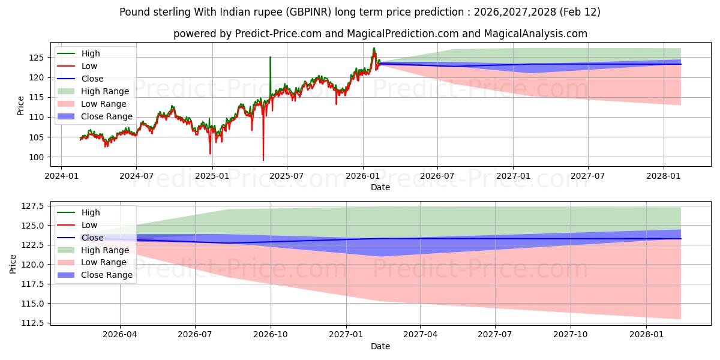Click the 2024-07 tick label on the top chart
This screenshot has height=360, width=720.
(136, 175)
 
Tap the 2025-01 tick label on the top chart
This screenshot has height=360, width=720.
(212, 175)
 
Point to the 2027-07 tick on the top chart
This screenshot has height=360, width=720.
(587, 175)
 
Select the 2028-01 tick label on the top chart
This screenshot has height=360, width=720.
(664, 175)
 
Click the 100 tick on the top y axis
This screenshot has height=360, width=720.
(38, 157)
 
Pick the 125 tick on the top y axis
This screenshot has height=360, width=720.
(38, 58)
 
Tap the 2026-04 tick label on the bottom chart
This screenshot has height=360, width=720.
(120, 334)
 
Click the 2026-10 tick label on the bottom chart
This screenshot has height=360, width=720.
(271, 334)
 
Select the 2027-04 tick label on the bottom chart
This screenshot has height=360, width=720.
(420, 334)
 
